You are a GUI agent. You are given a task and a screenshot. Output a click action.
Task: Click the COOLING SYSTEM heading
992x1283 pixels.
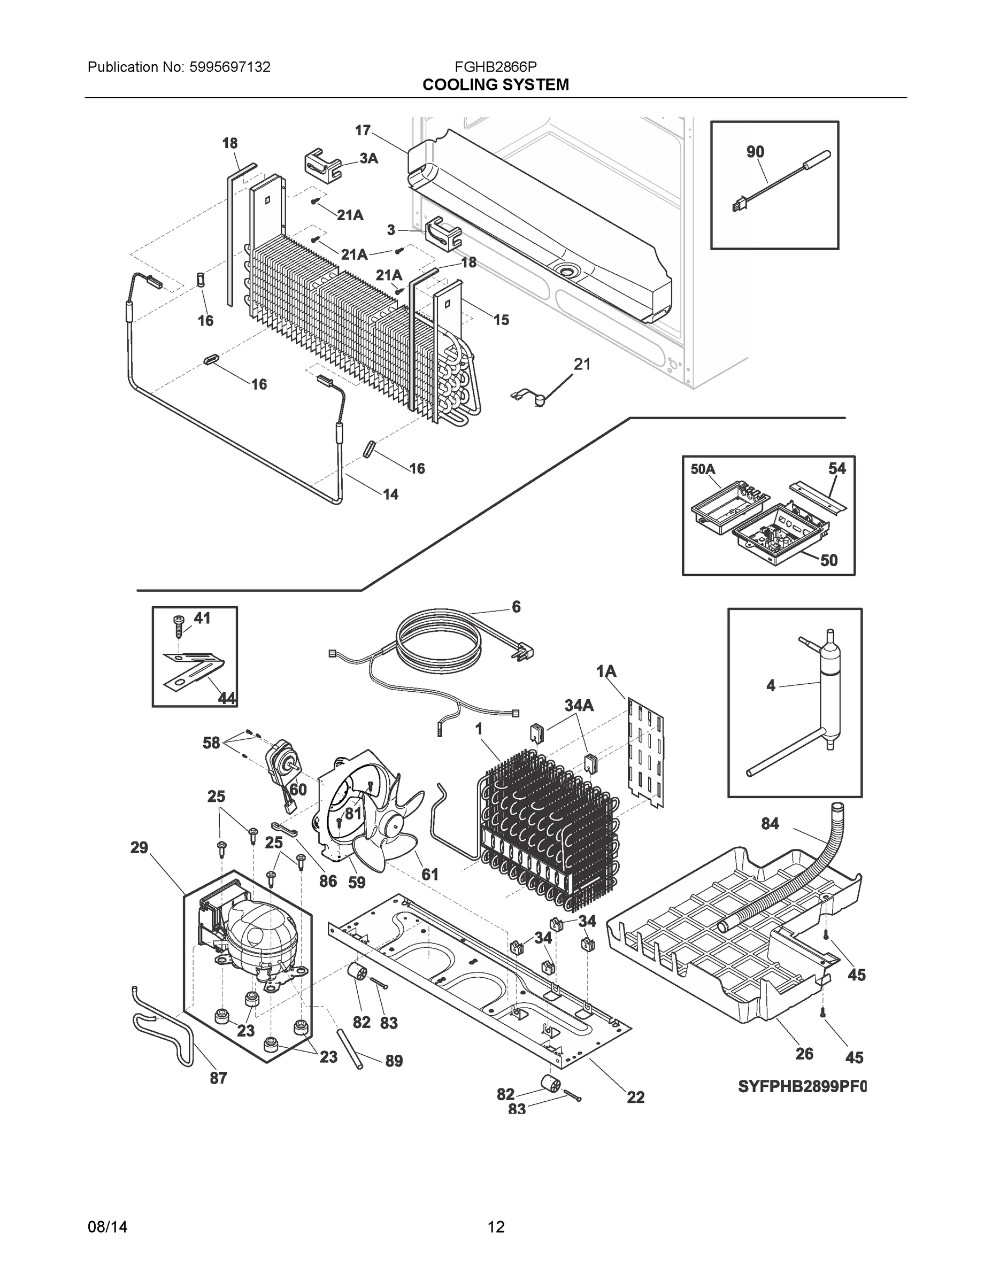[x=495, y=85]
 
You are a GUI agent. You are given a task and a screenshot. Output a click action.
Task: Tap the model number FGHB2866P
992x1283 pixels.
[x=495, y=67]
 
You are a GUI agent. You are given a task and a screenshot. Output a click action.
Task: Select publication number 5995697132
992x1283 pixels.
[x=230, y=67]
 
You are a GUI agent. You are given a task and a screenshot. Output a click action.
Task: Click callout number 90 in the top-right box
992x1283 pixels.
[x=755, y=152]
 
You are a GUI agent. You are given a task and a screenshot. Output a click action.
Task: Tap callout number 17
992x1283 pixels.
[x=363, y=130]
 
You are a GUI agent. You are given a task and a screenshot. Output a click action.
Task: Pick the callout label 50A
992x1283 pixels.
[x=703, y=469]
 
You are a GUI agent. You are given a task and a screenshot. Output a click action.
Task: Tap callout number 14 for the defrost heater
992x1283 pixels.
[x=390, y=494]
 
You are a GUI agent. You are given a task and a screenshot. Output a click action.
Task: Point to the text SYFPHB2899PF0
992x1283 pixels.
[x=802, y=1087]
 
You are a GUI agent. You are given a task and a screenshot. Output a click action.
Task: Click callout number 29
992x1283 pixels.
[x=139, y=847]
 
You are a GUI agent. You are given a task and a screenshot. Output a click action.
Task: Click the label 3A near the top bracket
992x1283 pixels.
[x=368, y=158]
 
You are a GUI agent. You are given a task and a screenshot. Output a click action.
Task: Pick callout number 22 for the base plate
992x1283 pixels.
[x=635, y=1097]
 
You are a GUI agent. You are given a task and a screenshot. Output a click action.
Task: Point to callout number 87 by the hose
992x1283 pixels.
[x=218, y=1077]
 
